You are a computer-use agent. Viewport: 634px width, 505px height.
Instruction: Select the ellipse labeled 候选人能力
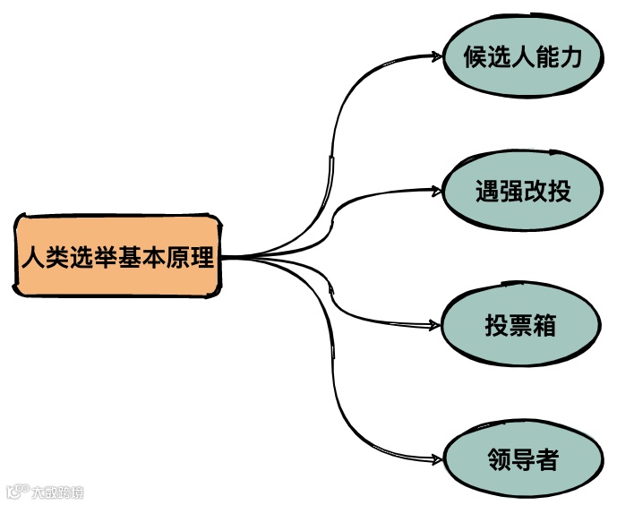(x=523, y=58)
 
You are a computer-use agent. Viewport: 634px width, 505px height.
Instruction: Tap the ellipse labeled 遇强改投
(x=523, y=190)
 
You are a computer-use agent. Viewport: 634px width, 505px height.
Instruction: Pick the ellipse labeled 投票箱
(x=520, y=325)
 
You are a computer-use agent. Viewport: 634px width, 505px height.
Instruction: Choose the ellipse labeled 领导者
(x=523, y=460)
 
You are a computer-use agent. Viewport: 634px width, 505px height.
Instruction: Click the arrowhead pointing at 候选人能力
(x=436, y=56)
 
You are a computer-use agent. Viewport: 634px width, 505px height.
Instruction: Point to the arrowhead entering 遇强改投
(x=436, y=190)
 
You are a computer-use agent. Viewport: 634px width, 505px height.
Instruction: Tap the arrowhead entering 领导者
(x=436, y=460)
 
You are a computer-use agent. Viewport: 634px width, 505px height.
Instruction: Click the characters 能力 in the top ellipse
(x=560, y=59)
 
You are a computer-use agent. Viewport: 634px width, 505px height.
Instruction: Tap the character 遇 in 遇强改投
(x=486, y=191)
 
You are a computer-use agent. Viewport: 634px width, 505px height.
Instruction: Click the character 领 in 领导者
(x=499, y=461)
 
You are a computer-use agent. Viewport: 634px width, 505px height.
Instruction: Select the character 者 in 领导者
(x=548, y=461)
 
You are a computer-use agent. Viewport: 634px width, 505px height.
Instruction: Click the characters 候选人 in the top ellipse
(x=499, y=59)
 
